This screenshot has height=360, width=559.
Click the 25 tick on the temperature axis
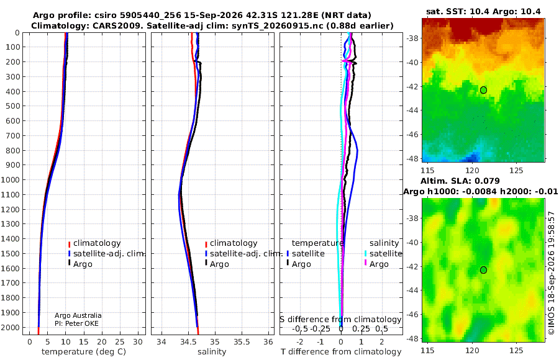[x=120, y=341]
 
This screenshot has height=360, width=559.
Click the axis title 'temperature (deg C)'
[x=84, y=352]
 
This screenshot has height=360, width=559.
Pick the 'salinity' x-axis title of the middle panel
[x=212, y=352]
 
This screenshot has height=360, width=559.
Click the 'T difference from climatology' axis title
[x=341, y=352]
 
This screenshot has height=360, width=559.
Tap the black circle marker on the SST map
[x=483, y=90]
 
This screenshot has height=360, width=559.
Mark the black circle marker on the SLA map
[x=483, y=270]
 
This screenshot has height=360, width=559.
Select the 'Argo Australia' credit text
[x=78, y=315]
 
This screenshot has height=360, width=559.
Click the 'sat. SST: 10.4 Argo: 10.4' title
[x=483, y=11]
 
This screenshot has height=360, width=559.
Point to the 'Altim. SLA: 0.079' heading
[x=460, y=181]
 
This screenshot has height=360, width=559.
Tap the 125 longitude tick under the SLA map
[x=516, y=350]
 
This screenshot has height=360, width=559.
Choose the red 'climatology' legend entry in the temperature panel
[x=94, y=243]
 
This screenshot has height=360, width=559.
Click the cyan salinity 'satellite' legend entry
[x=383, y=254]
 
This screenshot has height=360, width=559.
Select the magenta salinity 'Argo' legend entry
[x=376, y=264]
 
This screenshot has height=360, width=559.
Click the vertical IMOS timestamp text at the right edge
[x=552, y=273]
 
